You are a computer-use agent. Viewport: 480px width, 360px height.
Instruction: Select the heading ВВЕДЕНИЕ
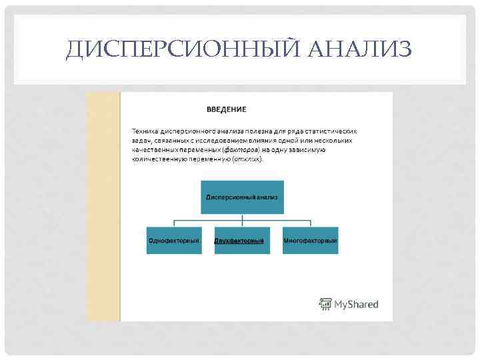[226, 109]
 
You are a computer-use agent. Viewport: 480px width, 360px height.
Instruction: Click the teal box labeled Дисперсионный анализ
[242, 197]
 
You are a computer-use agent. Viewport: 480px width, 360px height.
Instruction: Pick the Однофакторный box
[174, 240]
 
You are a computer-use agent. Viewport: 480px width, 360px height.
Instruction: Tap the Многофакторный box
[310, 240]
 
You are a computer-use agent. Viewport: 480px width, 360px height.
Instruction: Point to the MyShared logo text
[356, 304]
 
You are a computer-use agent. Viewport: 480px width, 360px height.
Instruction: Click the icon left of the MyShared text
[325, 304]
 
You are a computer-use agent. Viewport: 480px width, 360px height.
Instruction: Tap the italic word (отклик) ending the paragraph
[247, 159]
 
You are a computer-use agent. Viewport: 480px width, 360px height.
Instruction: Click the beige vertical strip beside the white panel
[103, 207]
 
